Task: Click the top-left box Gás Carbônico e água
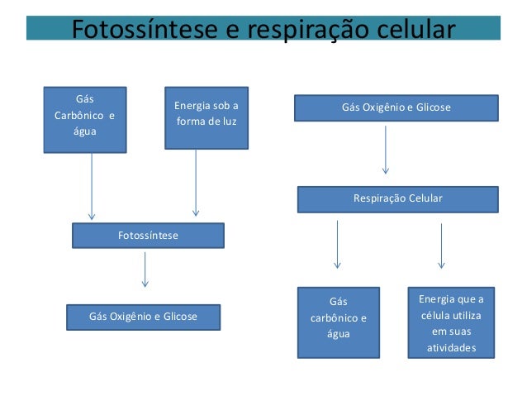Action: [85, 120]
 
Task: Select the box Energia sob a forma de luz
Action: [206, 118]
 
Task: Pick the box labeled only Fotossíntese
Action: [148, 236]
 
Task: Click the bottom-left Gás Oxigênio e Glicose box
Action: [143, 317]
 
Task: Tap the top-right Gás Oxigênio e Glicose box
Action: [396, 108]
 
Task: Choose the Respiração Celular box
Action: [397, 199]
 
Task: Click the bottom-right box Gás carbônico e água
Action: [338, 322]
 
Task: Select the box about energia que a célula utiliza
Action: [451, 322]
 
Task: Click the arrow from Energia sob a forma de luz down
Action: [196, 182]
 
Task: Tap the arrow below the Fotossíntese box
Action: [145, 269]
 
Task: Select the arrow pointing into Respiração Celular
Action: [386, 149]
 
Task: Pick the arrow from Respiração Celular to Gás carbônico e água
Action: [337, 243]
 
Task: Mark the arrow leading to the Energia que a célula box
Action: [441, 245]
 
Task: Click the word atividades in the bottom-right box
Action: [451, 348]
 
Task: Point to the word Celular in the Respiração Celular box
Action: [425, 199]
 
